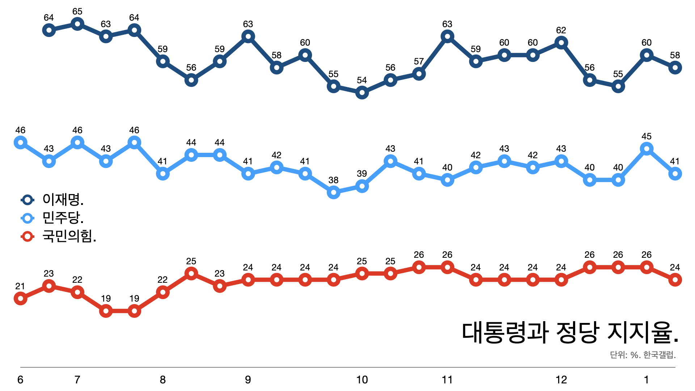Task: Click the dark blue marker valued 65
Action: [77, 24]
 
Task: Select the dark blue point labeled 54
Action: [362, 93]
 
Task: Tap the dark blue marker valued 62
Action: [561, 43]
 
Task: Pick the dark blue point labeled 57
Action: [419, 74]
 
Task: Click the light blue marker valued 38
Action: [333, 192]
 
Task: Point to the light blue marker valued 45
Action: [646, 149]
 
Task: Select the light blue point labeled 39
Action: [362, 186]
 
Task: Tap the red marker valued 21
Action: [21, 299]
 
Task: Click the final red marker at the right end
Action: [675, 280]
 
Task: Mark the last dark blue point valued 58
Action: [675, 68]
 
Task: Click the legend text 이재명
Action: [63, 199]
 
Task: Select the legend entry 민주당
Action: [63, 218]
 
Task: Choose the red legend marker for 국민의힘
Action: [28, 237]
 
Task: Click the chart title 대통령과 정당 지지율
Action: [570, 332]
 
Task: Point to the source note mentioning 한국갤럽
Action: [643, 355]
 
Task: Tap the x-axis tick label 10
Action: [362, 380]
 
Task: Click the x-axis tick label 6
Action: [21, 380]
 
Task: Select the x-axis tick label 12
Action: [561, 380]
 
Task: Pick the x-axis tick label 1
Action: [646, 380]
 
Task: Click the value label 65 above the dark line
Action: [77, 12]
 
